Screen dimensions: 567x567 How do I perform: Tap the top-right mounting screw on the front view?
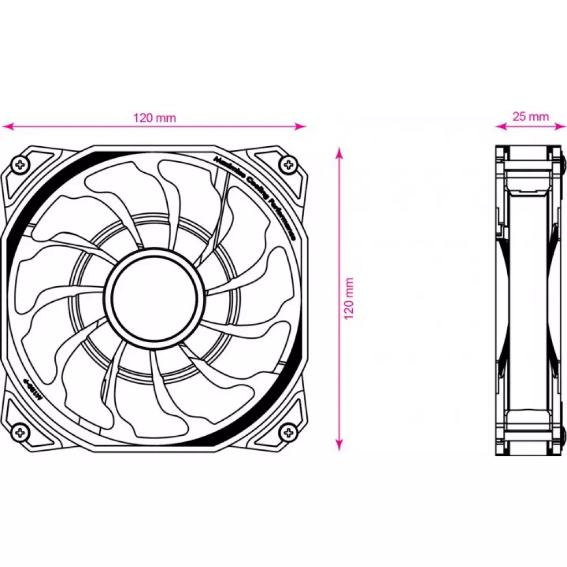coord(287,163)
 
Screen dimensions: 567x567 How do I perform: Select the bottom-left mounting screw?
coord(20,431)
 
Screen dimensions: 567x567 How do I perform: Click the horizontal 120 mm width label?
coord(154,117)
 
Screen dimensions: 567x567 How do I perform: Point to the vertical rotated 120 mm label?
coord(349,298)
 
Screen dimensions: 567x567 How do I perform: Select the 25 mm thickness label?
coord(530,116)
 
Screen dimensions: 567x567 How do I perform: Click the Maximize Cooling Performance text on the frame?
coord(255,197)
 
